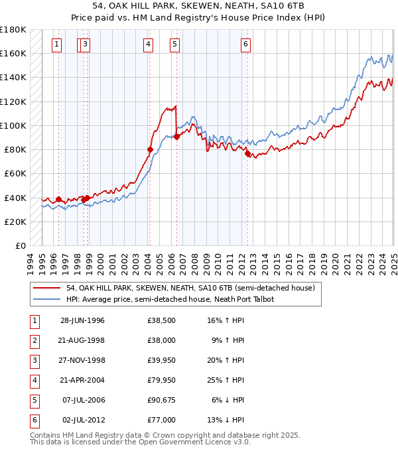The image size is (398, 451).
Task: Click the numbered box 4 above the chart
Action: (147, 44)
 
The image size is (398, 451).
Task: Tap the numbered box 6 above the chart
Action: (245, 44)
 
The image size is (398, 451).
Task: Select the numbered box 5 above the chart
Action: (174, 44)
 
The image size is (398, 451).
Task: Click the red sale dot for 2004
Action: (150, 150)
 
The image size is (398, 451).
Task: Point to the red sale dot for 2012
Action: (247, 153)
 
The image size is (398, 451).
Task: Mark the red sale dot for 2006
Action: (176, 137)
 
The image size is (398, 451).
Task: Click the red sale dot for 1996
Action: (58, 199)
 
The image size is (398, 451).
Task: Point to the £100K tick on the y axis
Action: (13, 125)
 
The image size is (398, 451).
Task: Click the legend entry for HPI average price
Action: (170, 299)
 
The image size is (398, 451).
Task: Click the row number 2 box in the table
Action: (34, 341)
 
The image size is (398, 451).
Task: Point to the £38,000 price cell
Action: (161, 341)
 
